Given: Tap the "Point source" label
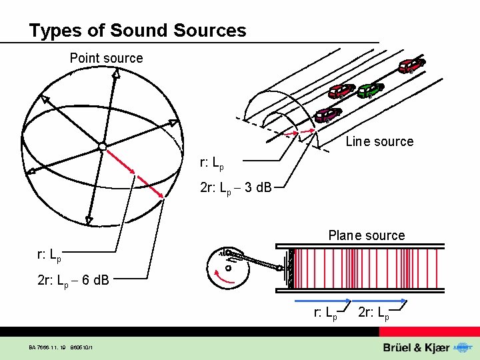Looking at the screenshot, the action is [x=106, y=58].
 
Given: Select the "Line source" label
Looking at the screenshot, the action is [x=379, y=141].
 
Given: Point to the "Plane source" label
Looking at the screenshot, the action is [x=366, y=235].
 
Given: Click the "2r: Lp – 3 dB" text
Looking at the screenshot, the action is [x=235, y=188].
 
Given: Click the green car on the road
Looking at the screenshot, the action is [x=369, y=90].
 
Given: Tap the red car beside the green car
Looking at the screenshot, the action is [x=341, y=91].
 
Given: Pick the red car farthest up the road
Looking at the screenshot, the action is [x=411, y=65].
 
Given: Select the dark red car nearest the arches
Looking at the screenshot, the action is [x=327, y=115].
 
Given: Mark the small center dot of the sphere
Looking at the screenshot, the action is [x=102, y=145].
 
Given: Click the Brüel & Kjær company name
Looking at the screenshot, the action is [x=417, y=348].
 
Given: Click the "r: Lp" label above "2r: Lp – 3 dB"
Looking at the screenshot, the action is [x=212, y=163].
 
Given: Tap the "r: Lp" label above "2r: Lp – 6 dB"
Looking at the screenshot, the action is [x=49, y=255].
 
